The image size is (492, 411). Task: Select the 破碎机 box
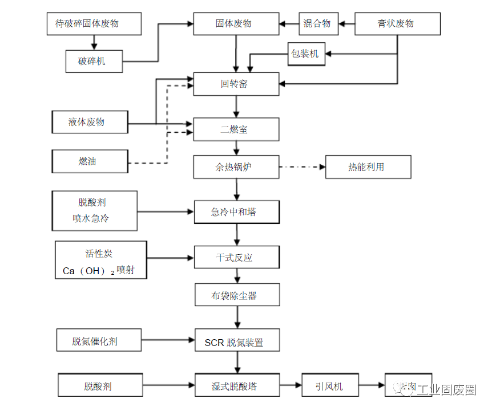[93, 60]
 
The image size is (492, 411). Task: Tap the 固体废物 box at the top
[236, 24]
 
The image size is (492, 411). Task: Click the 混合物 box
[318, 24]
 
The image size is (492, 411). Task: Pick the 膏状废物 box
[397, 24]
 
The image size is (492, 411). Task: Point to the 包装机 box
[307, 55]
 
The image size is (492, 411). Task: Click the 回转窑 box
[236, 84]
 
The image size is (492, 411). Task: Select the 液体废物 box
[90, 122]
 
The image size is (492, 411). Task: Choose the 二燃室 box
[236, 129]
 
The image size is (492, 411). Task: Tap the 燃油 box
[90, 161]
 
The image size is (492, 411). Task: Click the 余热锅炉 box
[236, 167]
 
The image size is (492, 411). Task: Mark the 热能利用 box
[368, 167]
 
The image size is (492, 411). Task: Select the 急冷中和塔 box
[236, 212]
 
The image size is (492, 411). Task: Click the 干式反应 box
[236, 257]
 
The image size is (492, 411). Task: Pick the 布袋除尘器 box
[236, 295]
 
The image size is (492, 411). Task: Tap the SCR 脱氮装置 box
[236, 342]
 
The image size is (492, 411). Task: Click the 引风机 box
[330, 386]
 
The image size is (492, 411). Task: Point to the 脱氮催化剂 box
[98, 341]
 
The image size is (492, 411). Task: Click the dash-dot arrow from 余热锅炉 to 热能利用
[302, 167]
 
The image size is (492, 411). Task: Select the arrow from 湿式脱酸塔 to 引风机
[291, 386]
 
